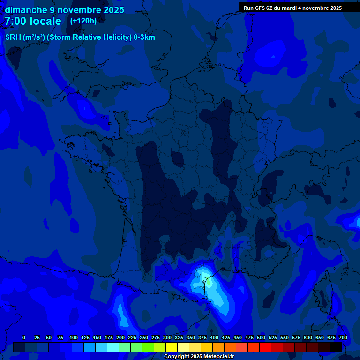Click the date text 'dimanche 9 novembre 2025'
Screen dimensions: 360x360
(64, 10)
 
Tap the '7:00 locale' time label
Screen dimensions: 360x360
(33, 21)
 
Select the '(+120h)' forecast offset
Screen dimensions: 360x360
(83, 21)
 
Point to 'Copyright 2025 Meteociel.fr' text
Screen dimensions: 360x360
(199, 357)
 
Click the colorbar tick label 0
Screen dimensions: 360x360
(24, 337)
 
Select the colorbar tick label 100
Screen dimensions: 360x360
(74, 337)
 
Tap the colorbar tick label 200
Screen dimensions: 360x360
(120, 337)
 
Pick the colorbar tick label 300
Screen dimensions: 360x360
(167, 337)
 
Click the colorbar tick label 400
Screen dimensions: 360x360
(214, 337)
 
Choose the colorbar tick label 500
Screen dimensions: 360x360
(261, 337)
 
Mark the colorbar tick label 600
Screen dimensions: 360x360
(308, 337)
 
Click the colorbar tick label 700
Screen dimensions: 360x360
(343, 337)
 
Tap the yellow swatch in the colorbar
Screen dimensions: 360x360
(172, 347)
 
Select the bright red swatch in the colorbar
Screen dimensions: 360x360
(265, 347)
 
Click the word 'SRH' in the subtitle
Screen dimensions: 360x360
(13, 37)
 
